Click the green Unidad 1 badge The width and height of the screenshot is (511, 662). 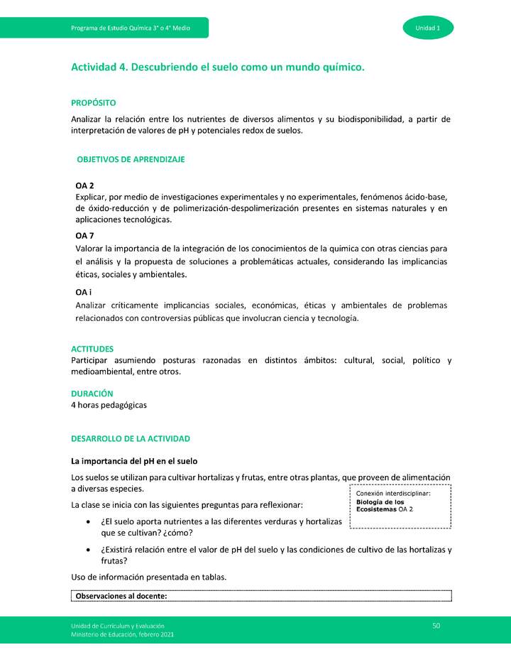[x=428, y=28]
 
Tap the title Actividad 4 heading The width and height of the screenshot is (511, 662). [x=217, y=67]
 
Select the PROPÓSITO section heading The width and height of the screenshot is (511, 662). [x=93, y=104]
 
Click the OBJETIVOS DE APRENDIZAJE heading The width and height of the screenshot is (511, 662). [x=131, y=160]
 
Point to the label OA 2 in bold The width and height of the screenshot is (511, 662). [x=84, y=185]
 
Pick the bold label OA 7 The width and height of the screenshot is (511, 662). [x=84, y=235]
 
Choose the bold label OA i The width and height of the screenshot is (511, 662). [x=84, y=292]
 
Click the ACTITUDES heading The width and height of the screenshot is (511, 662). [x=92, y=349]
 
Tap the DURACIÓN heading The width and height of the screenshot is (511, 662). [x=92, y=394]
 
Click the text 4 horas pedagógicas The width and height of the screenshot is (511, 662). [x=109, y=406]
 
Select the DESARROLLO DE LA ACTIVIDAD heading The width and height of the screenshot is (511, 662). [x=131, y=439]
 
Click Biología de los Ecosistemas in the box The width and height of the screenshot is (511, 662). [x=380, y=505]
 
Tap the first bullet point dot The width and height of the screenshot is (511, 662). [x=87, y=522]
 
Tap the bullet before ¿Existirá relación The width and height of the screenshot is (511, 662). [x=87, y=550]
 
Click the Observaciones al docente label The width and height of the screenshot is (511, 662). [x=121, y=596]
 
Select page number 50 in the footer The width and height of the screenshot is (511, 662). [x=436, y=625]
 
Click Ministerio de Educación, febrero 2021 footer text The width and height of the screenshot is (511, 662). [x=122, y=634]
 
